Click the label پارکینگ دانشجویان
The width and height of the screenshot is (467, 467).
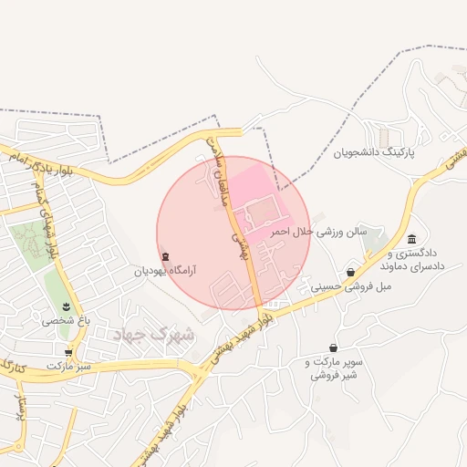[374, 152]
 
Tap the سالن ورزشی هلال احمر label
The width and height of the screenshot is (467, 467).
[324, 232]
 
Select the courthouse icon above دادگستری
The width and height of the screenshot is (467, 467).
[411, 239]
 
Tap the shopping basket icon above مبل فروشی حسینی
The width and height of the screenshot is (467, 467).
[351, 272]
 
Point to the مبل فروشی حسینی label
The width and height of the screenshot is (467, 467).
[351, 286]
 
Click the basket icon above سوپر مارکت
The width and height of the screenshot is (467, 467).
[333, 348]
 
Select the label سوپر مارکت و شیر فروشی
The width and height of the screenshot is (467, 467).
[333, 368]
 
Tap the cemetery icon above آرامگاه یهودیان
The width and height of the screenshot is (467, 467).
[165, 256]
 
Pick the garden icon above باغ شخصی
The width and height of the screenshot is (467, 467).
[66, 306]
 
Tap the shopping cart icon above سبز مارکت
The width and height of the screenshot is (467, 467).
[68, 351]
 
